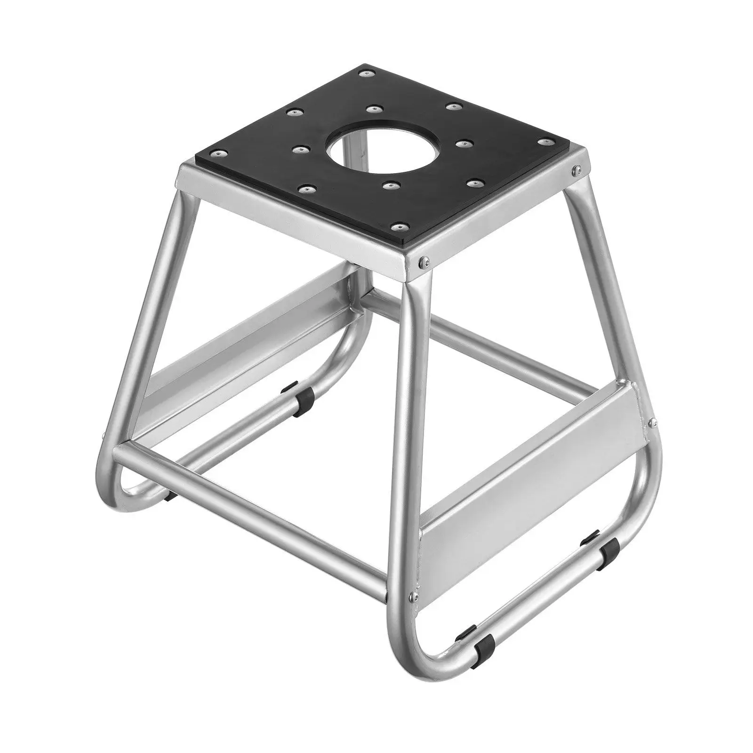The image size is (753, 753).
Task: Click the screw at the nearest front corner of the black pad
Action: pos(400,227)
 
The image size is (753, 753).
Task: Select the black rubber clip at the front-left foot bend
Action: pos(170,495)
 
